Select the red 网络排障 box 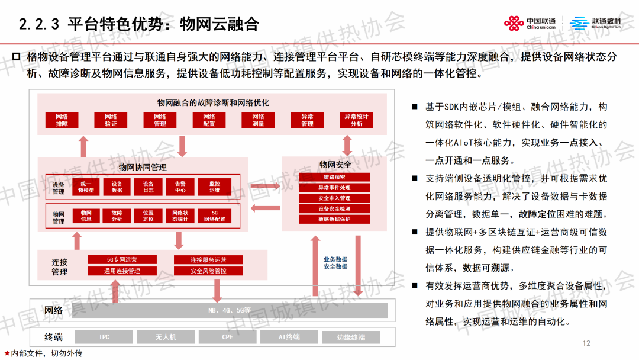62,120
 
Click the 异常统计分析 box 356,120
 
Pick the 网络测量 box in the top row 259,120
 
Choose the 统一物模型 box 86,187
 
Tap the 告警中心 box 180,187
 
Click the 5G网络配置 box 214,216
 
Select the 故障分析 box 117,216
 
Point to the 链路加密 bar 334,177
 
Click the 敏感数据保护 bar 334,219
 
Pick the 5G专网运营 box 122,259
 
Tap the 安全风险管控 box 208,271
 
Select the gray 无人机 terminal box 166,337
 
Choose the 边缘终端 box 351,337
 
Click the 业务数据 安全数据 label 335,263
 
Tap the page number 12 586,343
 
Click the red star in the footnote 7,353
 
